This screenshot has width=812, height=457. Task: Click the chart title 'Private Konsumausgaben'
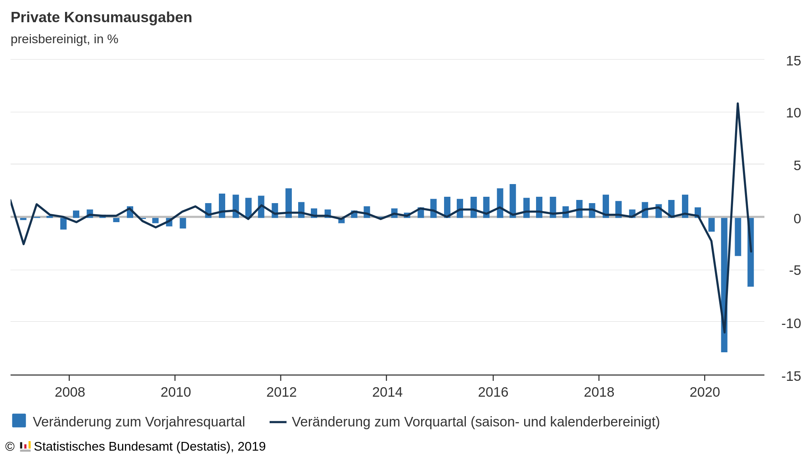(x=101, y=17)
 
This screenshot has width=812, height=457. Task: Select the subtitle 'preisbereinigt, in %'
(x=64, y=39)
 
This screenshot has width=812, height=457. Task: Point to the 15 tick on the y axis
(x=793, y=61)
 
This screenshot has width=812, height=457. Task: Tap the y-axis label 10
(x=793, y=113)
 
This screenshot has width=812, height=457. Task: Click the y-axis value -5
(x=795, y=271)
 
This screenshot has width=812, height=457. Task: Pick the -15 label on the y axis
(x=791, y=376)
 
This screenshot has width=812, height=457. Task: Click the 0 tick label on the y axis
(x=797, y=219)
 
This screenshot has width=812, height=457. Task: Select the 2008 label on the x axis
(x=70, y=392)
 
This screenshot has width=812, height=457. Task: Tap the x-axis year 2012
(x=281, y=392)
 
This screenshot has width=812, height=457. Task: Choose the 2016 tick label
(x=493, y=392)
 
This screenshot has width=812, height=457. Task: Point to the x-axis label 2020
(x=705, y=392)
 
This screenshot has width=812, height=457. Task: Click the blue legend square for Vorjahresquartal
(x=19, y=421)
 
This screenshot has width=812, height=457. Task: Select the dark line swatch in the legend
(x=278, y=422)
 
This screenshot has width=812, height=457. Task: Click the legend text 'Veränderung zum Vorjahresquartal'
(x=139, y=422)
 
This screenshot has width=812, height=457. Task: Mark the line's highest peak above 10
(x=737, y=104)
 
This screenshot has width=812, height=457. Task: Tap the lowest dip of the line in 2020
(x=724, y=332)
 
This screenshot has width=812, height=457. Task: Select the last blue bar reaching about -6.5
(x=751, y=270)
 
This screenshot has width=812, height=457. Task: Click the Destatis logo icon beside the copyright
(x=25, y=447)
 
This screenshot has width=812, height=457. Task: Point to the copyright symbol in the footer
(x=10, y=447)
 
